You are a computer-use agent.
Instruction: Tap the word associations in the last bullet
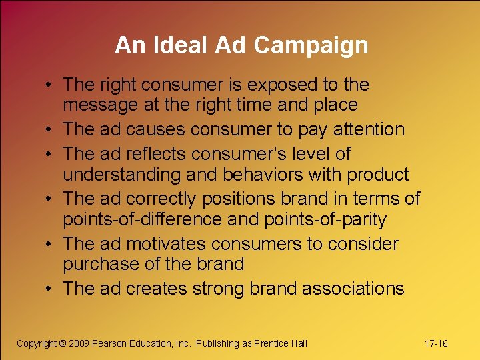(x=353, y=289)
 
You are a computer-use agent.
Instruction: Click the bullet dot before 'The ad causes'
(x=51, y=130)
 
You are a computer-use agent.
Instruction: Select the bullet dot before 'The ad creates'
(x=51, y=289)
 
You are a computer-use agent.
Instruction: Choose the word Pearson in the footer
(x=113, y=343)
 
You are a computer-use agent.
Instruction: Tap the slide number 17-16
(x=436, y=343)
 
